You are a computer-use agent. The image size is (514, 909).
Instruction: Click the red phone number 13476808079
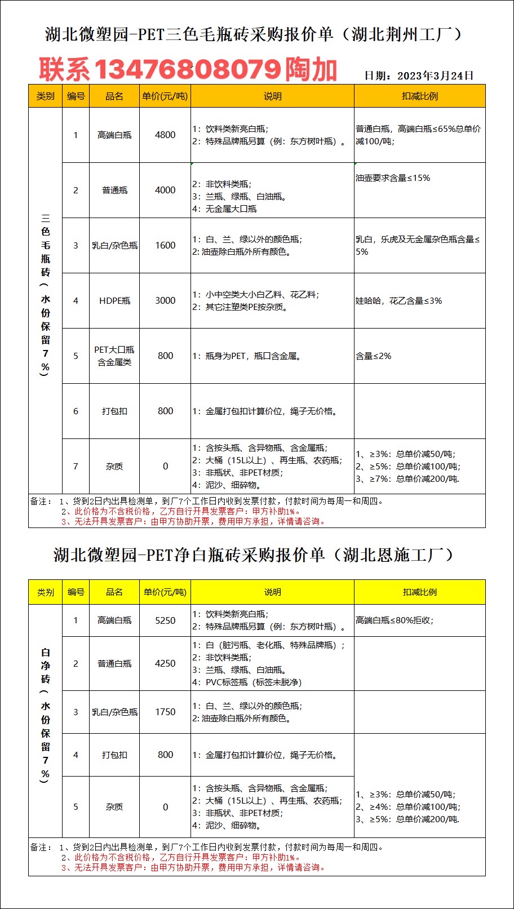[187, 70]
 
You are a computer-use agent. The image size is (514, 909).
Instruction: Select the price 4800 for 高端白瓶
[165, 135]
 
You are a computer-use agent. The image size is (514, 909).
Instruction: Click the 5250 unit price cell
[165, 620]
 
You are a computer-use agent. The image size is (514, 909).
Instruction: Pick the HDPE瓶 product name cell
[114, 301]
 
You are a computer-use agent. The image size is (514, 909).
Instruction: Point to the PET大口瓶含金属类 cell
[114, 356]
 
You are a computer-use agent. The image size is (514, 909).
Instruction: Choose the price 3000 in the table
[165, 301]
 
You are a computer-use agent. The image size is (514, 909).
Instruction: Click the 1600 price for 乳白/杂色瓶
[165, 246]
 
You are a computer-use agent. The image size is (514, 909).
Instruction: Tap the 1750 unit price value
[165, 712]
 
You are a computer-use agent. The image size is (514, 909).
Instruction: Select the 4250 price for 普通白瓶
[165, 663]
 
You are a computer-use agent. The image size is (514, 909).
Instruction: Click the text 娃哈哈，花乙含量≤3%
[398, 301]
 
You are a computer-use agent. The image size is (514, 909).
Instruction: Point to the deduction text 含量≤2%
[373, 356]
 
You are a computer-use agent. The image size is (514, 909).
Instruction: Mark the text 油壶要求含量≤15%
[392, 178]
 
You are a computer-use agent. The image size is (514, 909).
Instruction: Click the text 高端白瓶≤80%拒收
[395, 620]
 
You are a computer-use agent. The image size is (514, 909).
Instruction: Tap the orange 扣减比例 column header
[419, 96]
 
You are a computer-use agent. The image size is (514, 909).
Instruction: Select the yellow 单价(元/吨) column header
[165, 592]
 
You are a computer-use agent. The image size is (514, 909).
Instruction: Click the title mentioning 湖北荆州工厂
[253, 35]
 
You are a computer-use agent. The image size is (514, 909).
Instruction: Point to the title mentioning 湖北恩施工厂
[253, 555]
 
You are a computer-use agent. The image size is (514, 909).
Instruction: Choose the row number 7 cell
[76, 467]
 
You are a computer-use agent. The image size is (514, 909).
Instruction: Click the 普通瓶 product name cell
[114, 190]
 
